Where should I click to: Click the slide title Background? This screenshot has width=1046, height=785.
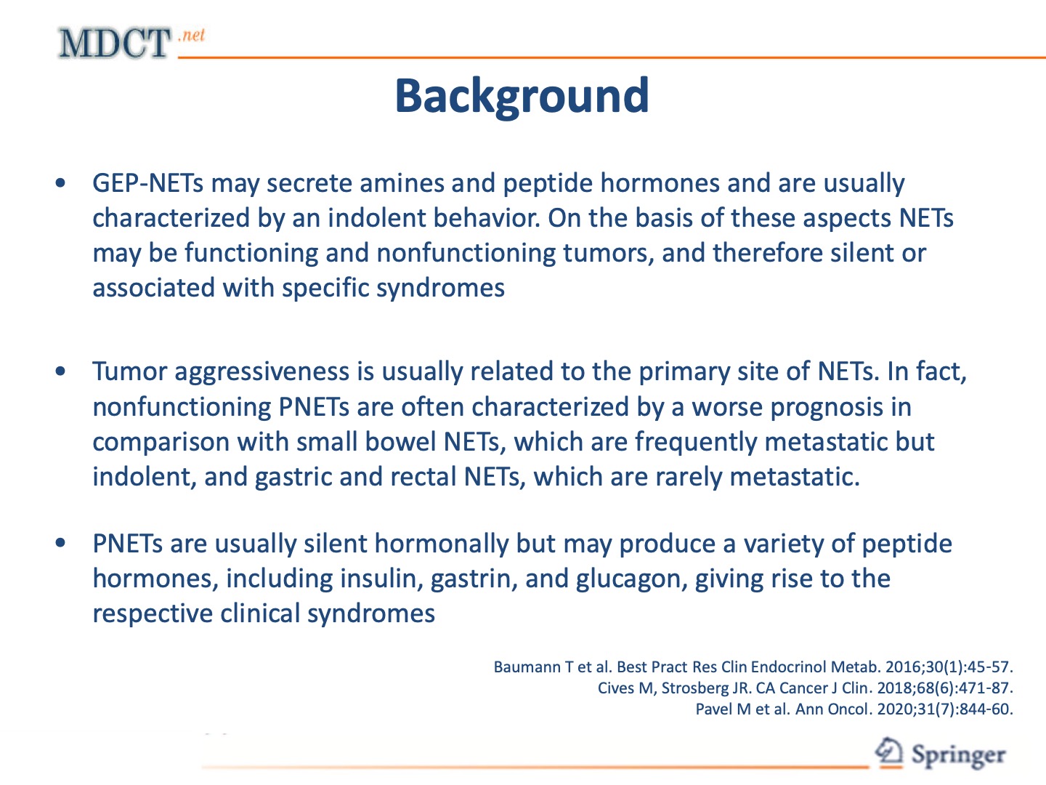pyautogui.click(x=522, y=96)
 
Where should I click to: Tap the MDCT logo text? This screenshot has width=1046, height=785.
pyautogui.click(x=114, y=44)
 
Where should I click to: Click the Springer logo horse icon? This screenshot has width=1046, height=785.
pyautogui.click(x=888, y=752)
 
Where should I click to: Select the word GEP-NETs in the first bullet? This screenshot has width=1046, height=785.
pyautogui.click(x=147, y=183)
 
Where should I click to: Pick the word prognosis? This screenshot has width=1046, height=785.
pyautogui.click(x=824, y=407)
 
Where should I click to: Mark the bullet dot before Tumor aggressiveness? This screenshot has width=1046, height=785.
pyautogui.click(x=61, y=371)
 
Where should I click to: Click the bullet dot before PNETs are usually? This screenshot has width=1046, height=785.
pyautogui.click(x=61, y=543)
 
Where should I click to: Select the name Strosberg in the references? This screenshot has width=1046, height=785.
pyautogui.click(x=695, y=688)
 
